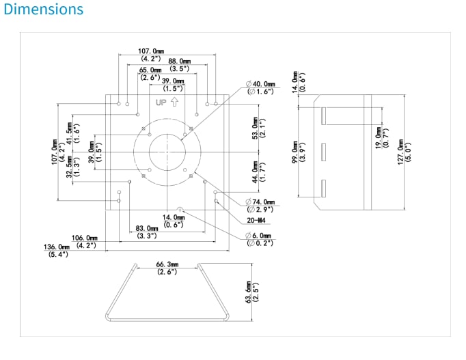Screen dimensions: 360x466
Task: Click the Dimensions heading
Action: pyautogui.click(x=44, y=10)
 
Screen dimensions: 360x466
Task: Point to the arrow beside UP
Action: pyautogui.click(x=174, y=102)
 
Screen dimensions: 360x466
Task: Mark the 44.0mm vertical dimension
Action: pyautogui.click(x=257, y=172)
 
